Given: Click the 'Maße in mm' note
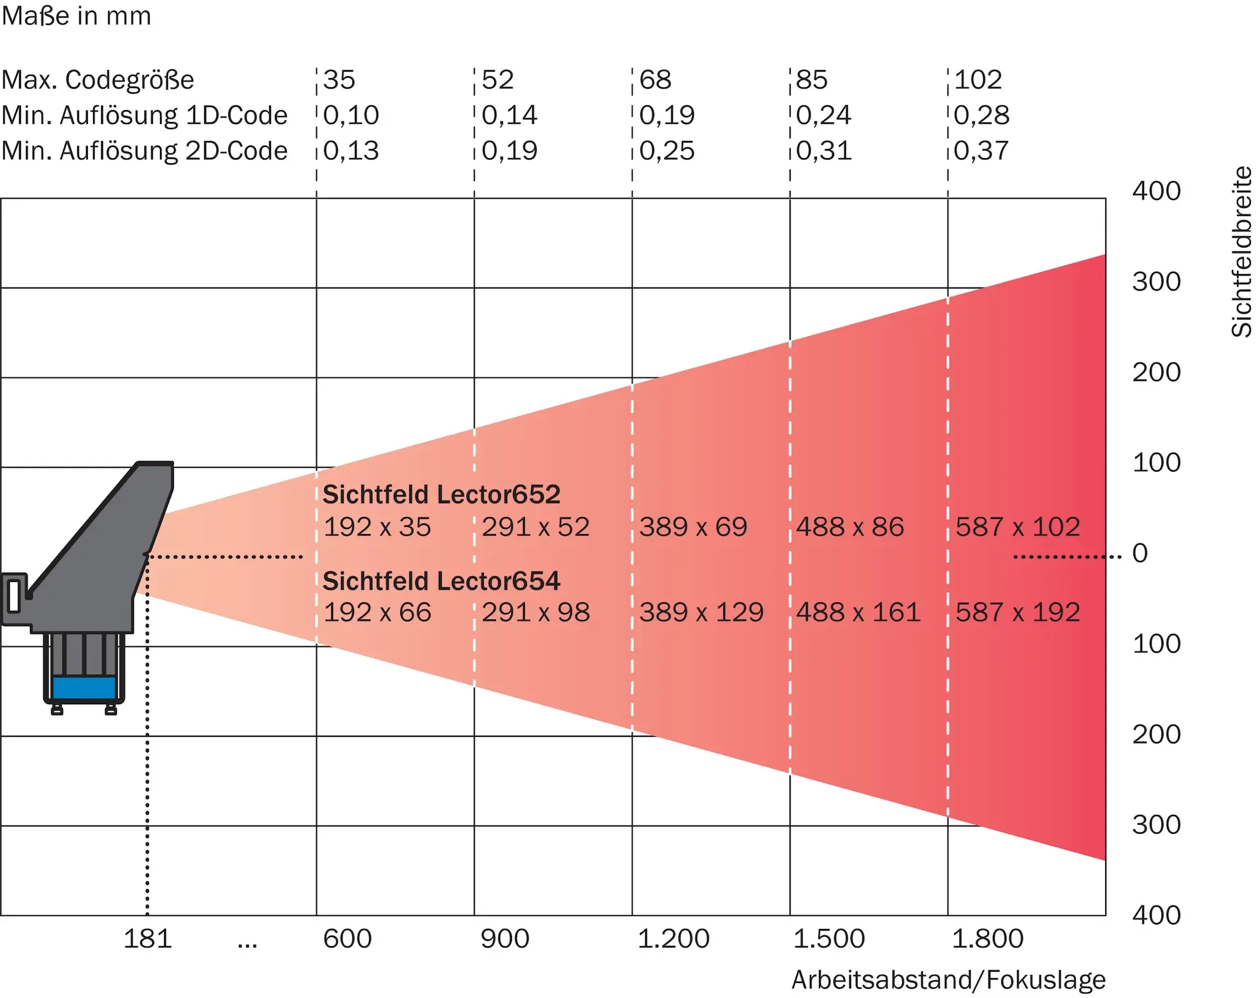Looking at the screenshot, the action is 76,16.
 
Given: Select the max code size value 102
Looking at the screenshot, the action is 978,80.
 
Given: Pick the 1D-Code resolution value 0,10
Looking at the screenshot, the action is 351,115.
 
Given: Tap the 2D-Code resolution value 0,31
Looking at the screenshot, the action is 824,151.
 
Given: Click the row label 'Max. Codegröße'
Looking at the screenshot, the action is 98,80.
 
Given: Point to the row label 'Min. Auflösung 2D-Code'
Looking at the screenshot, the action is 144,151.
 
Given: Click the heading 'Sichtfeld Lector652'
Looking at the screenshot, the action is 442,494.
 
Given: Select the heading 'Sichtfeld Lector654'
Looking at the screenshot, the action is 442,581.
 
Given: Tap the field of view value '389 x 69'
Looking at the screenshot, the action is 693,527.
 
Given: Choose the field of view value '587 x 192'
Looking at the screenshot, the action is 1017,612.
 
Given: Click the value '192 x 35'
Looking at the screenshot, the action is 377,527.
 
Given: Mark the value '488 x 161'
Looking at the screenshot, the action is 858,612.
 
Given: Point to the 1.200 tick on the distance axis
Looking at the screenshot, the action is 673,939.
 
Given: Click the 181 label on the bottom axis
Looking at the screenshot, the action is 148,939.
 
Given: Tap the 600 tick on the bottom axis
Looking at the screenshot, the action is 347,939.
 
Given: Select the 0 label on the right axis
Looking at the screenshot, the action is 1140,553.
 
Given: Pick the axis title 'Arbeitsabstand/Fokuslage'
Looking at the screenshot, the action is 948,980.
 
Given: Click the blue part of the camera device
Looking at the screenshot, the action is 84,688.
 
